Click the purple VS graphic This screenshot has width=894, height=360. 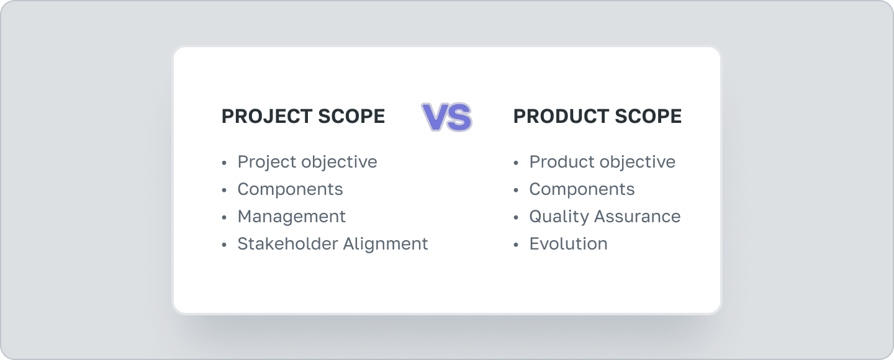[447, 117]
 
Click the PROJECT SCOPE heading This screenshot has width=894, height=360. [303, 117]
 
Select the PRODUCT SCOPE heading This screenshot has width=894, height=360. [597, 117]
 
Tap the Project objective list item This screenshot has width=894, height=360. [307, 162]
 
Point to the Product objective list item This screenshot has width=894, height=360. [602, 162]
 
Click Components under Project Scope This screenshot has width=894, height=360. [290, 189]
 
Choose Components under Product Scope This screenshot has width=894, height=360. [582, 189]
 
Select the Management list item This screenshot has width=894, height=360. [291, 217]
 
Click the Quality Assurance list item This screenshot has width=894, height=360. [605, 217]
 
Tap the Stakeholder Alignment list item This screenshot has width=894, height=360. [333, 244]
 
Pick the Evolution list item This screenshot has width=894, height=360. [568, 244]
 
